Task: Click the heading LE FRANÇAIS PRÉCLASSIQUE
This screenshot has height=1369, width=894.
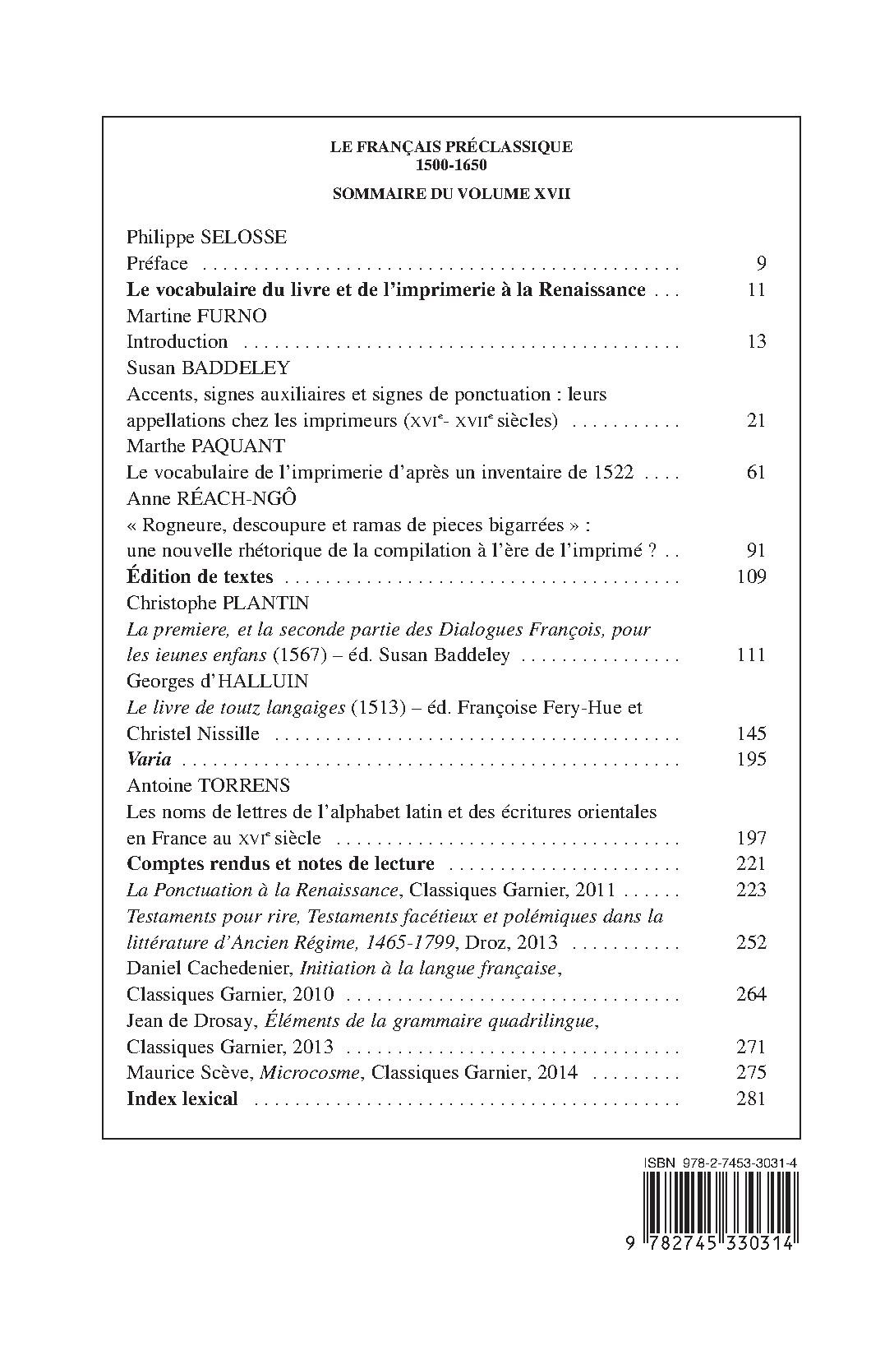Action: coord(451,147)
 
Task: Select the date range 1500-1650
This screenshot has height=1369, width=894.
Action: coord(451,164)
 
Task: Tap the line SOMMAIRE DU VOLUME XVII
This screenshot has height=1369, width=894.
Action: coord(451,195)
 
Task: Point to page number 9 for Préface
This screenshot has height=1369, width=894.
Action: coord(761,264)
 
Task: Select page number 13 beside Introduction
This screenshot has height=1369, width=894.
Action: coord(757,342)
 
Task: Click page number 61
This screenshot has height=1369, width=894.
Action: coord(757,473)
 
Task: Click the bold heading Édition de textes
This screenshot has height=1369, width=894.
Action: coord(200,577)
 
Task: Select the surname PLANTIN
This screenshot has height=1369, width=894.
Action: coord(265,603)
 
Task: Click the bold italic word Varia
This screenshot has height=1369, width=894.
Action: coord(149,760)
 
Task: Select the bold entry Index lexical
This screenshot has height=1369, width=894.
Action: coord(182,1098)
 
